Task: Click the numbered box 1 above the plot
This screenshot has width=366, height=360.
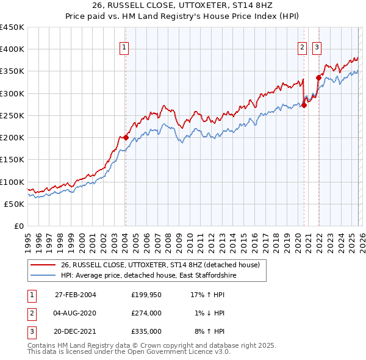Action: (x=124, y=46)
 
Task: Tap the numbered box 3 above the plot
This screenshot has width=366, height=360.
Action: (x=317, y=46)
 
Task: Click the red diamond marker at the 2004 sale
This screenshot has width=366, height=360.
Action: (x=126, y=138)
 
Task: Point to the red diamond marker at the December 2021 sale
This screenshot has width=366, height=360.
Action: (x=318, y=77)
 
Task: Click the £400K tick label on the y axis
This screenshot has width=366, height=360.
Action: (x=12, y=49)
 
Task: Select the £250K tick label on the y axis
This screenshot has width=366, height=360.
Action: (x=12, y=116)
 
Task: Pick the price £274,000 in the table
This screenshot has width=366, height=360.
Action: (x=146, y=313)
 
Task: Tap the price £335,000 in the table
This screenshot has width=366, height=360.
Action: (x=146, y=331)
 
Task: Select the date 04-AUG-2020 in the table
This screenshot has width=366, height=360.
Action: (x=75, y=313)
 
